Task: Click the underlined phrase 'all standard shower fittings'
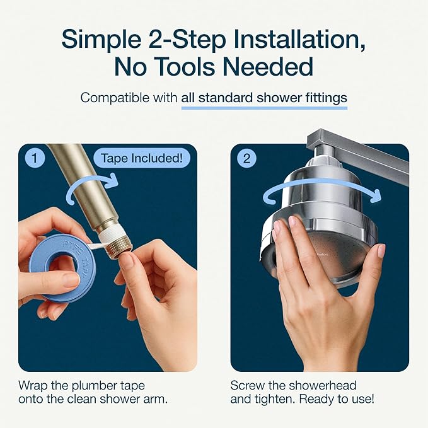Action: coord(264,98)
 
